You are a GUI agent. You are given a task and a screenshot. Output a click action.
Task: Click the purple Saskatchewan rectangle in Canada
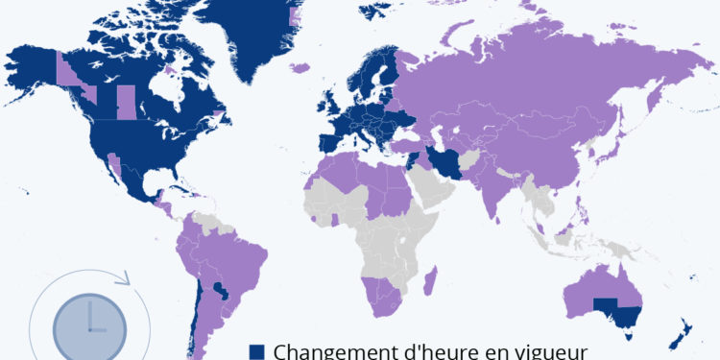tap(126, 102)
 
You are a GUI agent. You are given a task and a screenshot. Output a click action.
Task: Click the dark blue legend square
tap(256, 351)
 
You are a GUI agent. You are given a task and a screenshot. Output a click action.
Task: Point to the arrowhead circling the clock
tap(122, 280)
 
